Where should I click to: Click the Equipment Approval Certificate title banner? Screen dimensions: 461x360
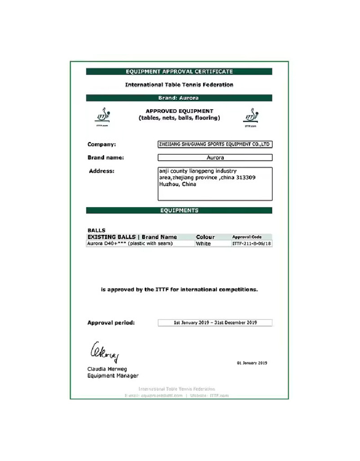179,72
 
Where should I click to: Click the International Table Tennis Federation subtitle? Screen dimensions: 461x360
179,85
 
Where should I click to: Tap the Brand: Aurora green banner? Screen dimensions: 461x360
179,98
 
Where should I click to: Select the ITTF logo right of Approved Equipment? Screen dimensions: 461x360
251,117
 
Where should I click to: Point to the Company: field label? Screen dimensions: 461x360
102,144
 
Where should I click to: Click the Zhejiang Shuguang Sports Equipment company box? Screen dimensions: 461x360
215,144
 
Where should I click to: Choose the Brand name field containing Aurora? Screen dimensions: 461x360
215,157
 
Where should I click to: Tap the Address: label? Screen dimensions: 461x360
102,171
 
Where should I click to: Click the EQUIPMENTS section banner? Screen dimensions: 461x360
179,210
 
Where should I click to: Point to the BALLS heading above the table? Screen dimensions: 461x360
96,230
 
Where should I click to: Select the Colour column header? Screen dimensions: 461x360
205,237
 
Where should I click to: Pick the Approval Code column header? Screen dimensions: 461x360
247,237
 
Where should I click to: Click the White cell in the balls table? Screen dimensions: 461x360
203,243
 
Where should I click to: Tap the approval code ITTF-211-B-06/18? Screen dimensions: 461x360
252,243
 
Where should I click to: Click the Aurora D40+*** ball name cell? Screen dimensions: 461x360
130,243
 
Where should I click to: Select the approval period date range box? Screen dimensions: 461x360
215,322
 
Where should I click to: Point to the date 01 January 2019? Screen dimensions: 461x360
252,363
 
